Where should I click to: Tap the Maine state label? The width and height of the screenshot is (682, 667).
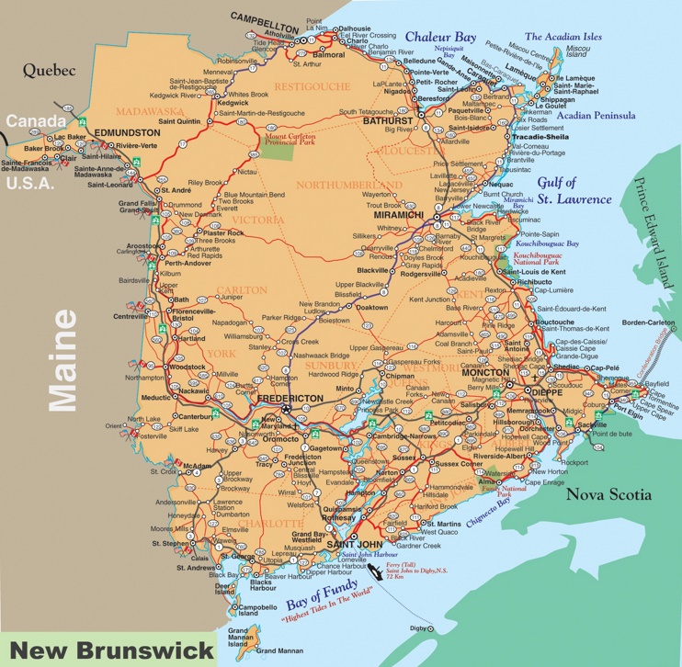click(63, 359)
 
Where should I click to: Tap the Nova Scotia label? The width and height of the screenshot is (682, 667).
click(608, 494)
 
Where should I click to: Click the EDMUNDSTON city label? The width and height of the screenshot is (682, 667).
click(114, 132)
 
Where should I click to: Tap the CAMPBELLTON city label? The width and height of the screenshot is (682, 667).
click(265, 17)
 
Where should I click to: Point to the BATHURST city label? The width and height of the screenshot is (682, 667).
click(387, 120)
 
